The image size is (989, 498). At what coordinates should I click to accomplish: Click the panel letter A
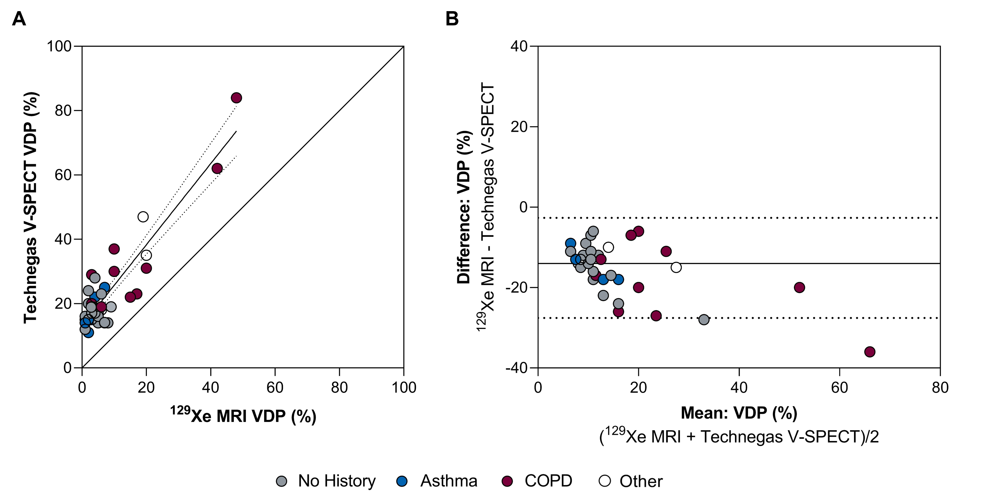(19, 19)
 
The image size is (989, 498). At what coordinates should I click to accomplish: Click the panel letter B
(452, 19)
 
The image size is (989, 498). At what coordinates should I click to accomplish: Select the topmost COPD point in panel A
(236, 98)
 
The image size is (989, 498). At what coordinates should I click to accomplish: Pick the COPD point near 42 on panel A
(217, 168)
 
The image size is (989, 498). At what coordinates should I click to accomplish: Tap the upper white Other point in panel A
(143, 217)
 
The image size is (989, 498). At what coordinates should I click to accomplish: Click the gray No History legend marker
(282, 481)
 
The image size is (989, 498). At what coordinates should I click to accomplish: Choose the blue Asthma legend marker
(402, 481)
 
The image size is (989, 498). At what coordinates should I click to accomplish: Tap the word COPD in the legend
(548, 481)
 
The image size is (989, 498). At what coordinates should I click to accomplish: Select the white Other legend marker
(605, 481)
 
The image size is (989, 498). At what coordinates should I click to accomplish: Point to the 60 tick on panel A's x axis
(275, 388)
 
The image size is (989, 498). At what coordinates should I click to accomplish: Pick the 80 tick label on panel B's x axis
(940, 388)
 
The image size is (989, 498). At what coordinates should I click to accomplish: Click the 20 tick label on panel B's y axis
(519, 127)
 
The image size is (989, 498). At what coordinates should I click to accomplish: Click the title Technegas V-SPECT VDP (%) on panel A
(31, 207)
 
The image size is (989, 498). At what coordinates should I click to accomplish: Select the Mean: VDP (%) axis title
(739, 413)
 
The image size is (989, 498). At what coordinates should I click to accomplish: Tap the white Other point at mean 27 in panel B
(676, 267)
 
